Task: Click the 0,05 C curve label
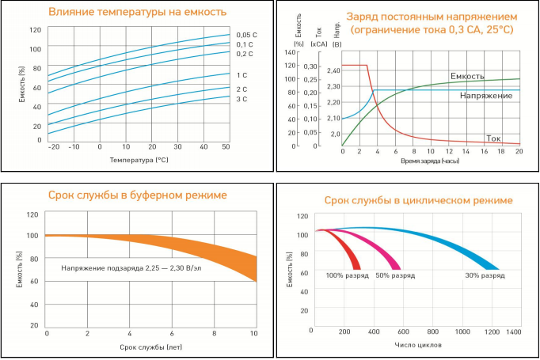(x=245, y=35)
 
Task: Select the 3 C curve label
(x=241, y=100)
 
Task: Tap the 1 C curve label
(x=241, y=75)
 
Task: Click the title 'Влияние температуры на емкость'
(x=137, y=12)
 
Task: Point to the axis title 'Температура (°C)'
(x=139, y=161)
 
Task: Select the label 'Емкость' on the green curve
(x=468, y=76)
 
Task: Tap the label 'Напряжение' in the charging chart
(x=485, y=95)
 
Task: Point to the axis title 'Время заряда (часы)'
(x=430, y=161)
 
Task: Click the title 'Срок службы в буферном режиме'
(x=138, y=195)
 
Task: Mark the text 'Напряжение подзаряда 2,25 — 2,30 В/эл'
(x=131, y=268)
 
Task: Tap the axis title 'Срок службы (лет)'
(x=150, y=347)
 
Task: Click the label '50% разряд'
(x=395, y=275)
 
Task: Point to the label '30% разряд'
(x=485, y=275)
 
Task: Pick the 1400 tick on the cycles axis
(x=513, y=333)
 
